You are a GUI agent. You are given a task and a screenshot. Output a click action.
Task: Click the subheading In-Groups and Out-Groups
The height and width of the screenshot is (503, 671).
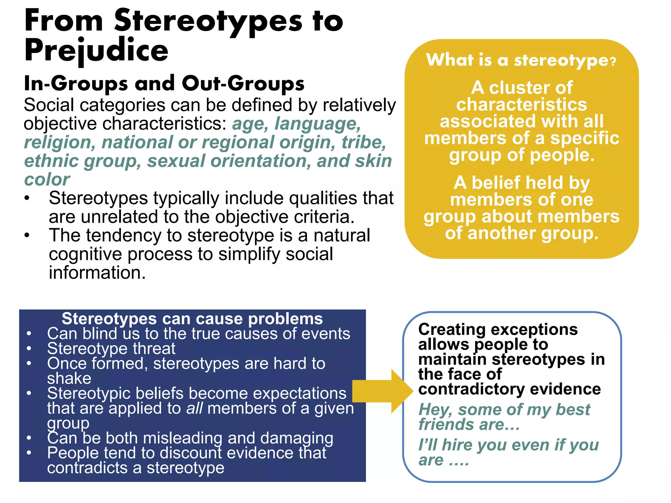click(164, 83)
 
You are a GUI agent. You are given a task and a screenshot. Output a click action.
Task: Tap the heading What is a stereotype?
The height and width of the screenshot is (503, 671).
click(521, 60)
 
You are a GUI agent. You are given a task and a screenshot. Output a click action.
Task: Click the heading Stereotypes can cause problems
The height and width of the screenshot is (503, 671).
click(192, 318)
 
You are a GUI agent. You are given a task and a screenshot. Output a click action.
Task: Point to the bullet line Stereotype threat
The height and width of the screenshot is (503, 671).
click(111, 348)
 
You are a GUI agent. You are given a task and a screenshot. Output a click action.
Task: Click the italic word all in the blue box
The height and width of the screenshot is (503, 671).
click(194, 408)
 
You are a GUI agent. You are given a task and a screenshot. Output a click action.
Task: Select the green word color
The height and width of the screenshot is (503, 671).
click(47, 179)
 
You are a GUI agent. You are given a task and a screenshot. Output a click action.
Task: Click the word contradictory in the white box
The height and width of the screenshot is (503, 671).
click(471, 389)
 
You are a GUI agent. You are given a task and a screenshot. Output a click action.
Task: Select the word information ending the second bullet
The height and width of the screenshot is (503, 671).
click(97, 272)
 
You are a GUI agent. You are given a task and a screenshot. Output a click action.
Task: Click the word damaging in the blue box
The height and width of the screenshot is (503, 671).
click(297, 438)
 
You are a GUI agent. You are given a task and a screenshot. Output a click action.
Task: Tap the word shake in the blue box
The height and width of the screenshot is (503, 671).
click(69, 378)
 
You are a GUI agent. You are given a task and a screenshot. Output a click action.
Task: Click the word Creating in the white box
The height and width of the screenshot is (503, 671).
click(451, 329)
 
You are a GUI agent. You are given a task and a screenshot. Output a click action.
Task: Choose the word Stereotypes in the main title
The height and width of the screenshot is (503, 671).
click(208, 21)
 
